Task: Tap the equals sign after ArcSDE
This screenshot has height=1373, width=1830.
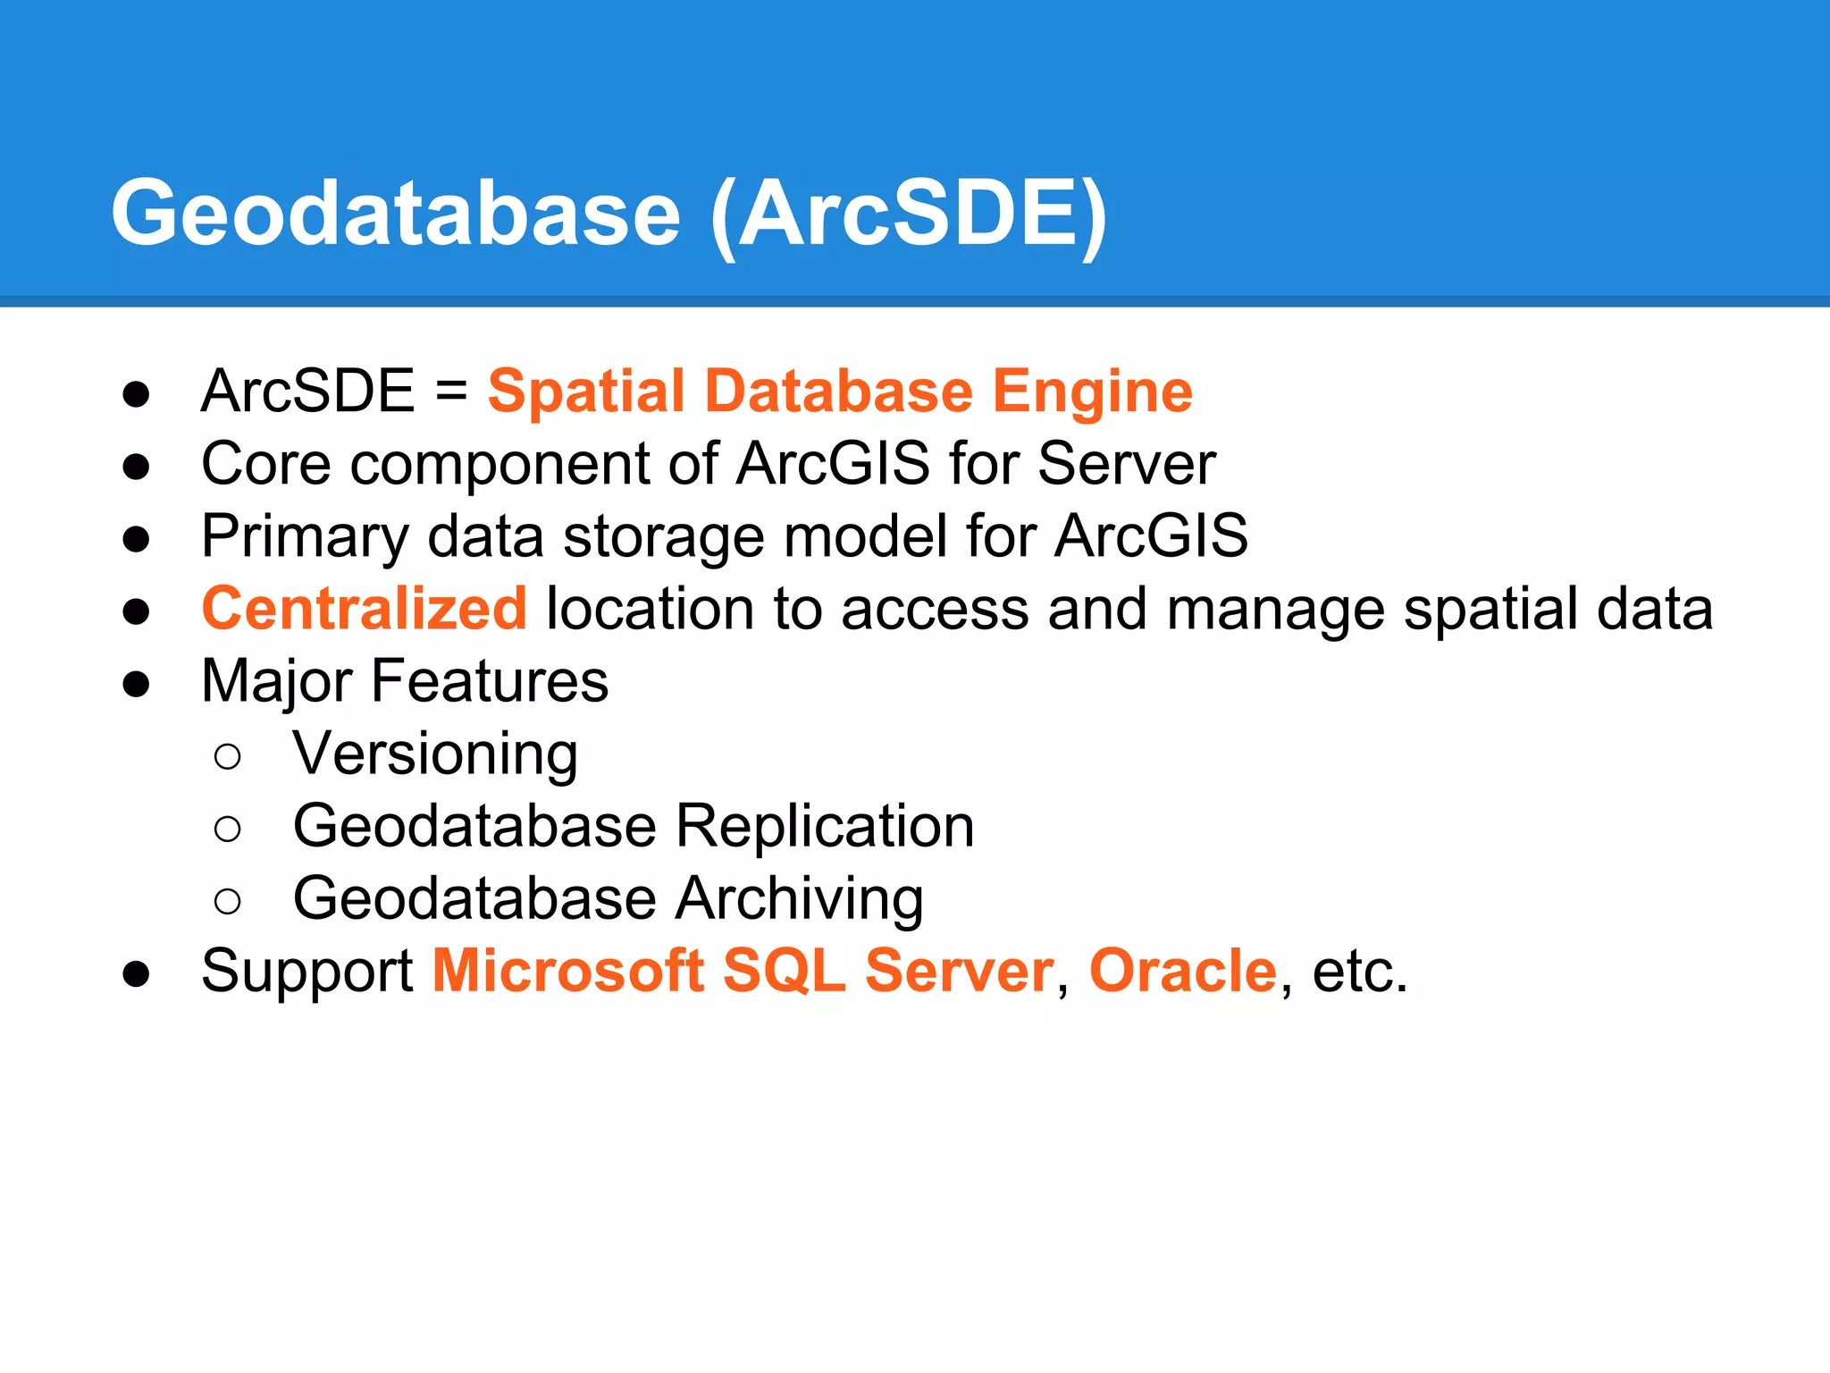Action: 451,392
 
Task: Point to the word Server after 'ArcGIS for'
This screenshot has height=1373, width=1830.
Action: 1126,464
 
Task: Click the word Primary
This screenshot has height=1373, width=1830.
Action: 305,536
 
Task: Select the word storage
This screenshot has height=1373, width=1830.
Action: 663,536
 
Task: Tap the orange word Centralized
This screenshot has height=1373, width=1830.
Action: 364,609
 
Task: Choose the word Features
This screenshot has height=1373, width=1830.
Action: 489,681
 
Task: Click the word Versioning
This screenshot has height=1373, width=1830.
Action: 435,754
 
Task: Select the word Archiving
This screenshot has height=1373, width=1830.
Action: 799,898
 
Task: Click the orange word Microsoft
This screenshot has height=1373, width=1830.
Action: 567,971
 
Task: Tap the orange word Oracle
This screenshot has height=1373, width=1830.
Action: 1183,971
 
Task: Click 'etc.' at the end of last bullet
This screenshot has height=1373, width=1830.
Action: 1359,971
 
